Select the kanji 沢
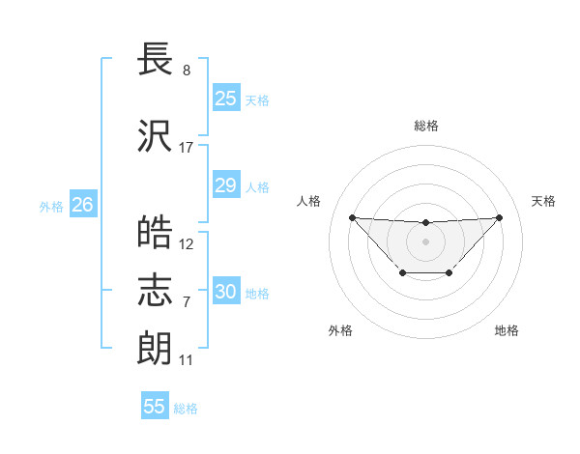tap(156, 136)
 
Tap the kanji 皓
tap(156, 233)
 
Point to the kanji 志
tap(156, 291)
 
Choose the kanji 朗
tap(156, 349)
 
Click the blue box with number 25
tap(225, 99)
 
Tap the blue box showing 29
tap(225, 185)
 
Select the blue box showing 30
tap(225, 292)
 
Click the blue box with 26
tap(82, 205)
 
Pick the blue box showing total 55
tap(155, 407)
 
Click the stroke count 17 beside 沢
tap(187, 148)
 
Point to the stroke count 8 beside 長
tap(186, 71)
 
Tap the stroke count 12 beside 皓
tap(187, 244)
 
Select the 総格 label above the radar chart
tap(425, 126)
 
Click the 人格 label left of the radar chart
tap(309, 201)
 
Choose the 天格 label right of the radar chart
tap(543, 201)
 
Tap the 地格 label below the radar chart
tap(507, 330)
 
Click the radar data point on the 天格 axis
tap(499, 217)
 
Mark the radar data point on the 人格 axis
tap(352, 217)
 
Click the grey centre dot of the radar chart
tap(425, 241)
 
